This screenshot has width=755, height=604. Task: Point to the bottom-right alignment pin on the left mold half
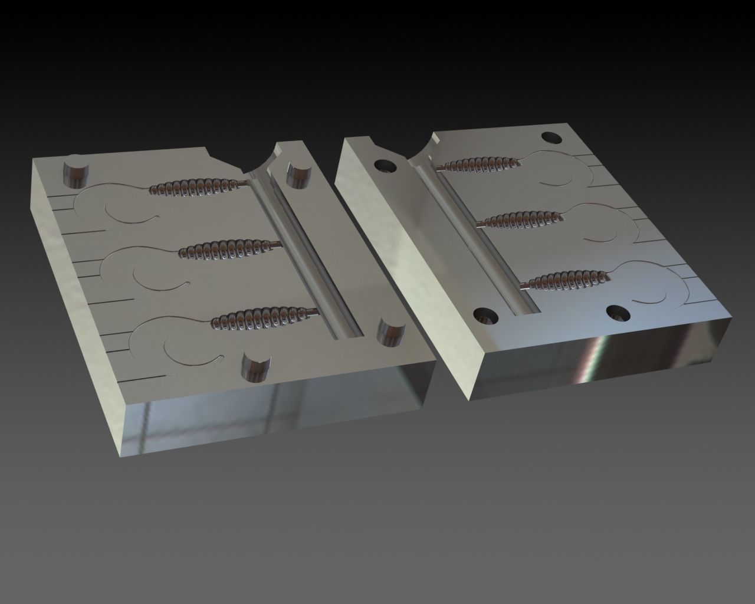389,332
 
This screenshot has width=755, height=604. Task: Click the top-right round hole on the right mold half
552,137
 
